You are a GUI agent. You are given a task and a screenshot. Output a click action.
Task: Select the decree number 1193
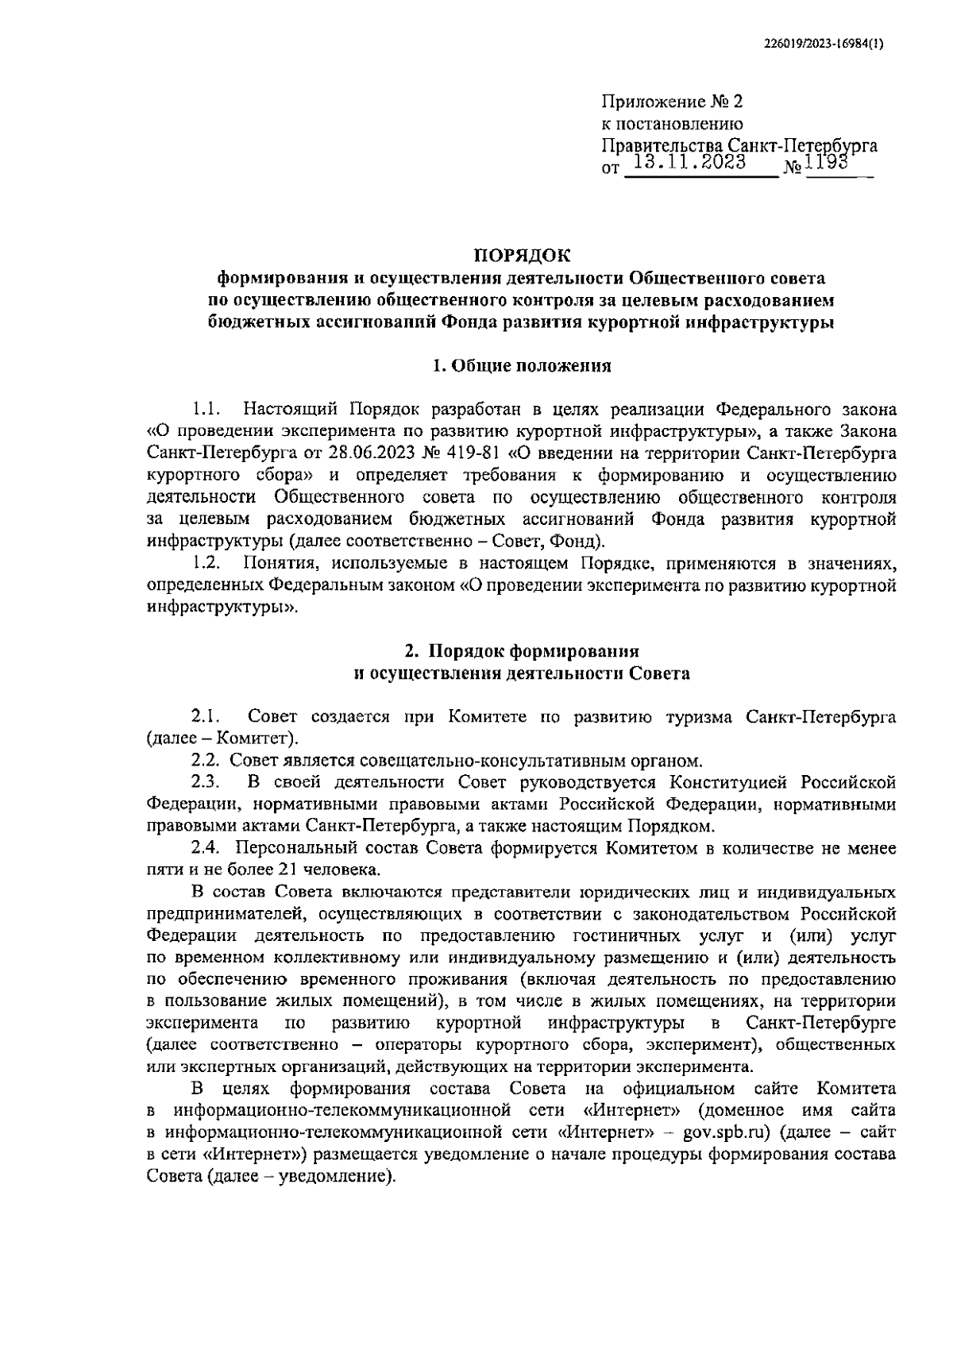828,163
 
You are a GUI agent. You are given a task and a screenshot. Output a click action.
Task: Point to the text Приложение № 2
671,102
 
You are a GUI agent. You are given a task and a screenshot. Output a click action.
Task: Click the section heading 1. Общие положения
522,365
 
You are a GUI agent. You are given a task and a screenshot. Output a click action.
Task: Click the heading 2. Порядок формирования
522,651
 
